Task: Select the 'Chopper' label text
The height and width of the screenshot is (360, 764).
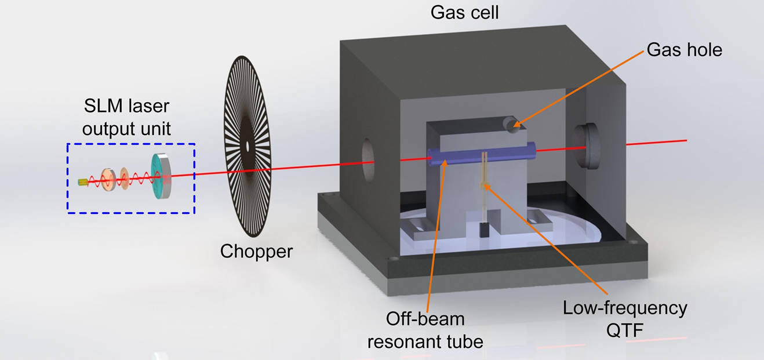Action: point(256,251)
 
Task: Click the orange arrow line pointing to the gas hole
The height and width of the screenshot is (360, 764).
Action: point(580,87)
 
